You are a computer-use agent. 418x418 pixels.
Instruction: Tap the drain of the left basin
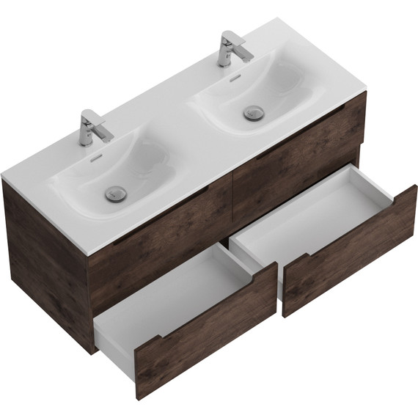coord(114,193)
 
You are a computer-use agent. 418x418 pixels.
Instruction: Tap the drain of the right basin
coord(253,112)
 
